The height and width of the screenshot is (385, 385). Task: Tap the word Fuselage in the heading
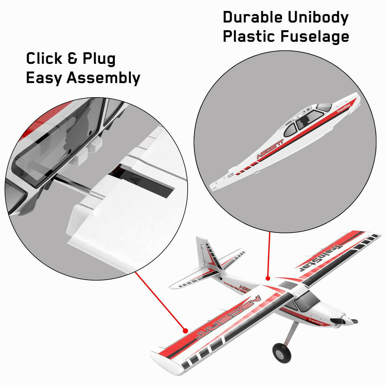[315, 36]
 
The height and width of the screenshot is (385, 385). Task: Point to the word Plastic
[249, 36]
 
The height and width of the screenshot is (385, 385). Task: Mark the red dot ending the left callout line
[185, 330]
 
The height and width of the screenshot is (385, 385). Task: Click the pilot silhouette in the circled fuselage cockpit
[306, 121]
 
